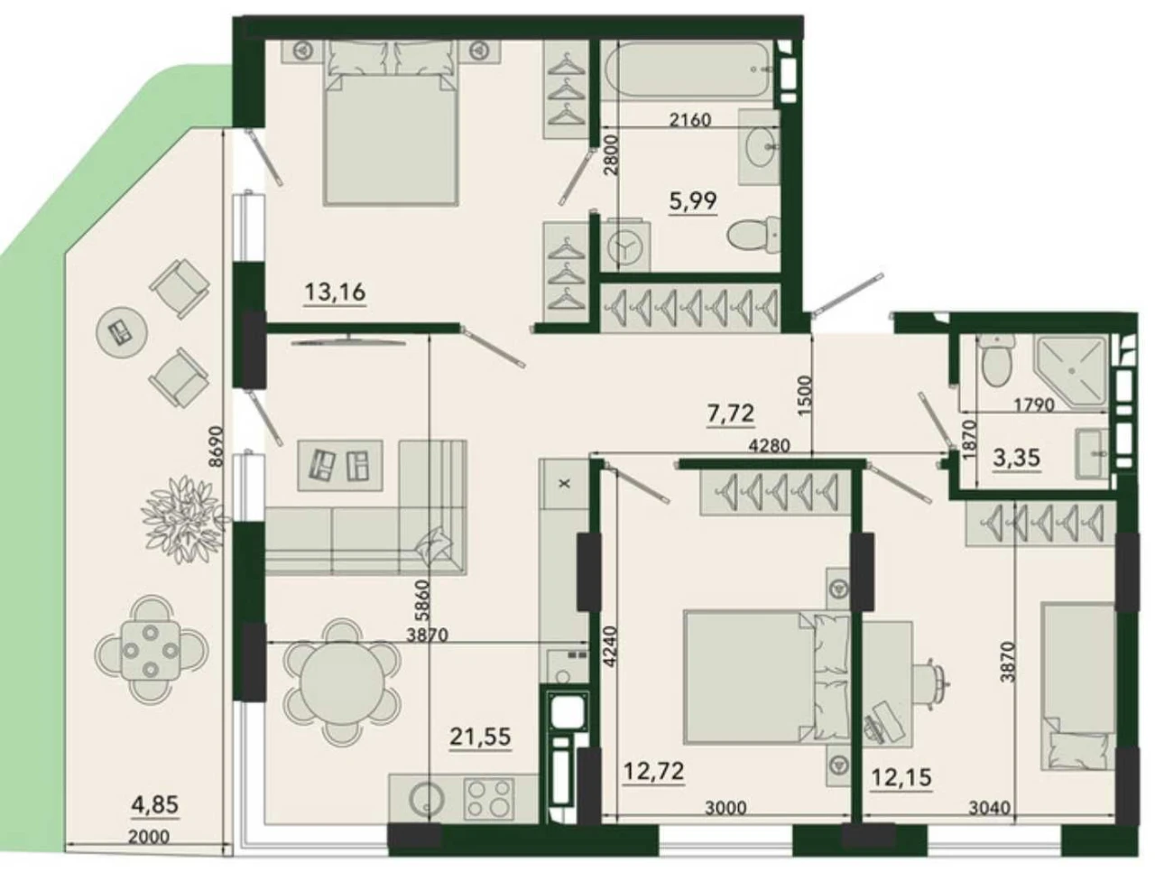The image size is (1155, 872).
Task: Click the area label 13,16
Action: (x=335, y=292)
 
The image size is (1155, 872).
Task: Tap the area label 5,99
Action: (x=692, y=200)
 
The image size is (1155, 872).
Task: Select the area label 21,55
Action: (x=480, y=737)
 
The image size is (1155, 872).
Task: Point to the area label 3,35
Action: (x=1016, y=458)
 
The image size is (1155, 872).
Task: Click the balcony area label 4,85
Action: (x=154, y=804)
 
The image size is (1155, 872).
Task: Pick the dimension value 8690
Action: (x=217, y=446)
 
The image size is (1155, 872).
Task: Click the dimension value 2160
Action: (x=690, y=120)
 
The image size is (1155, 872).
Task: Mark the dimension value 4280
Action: (x=769, y=446)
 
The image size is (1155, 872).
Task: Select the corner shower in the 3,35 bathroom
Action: (x=1071, y=371)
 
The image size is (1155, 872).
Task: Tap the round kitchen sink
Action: (x=425, y=798)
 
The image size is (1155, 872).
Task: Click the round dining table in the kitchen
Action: (x=342, y=682)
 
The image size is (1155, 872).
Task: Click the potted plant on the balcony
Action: (x=184, y=519)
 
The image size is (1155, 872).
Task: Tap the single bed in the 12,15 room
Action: (x=1076, y=687)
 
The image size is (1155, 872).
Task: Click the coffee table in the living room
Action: (x=340, y=465)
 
